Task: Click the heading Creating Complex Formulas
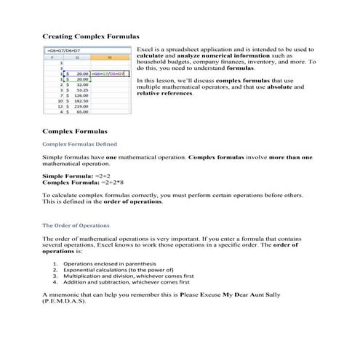pos(90,36)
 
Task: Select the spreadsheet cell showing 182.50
pos(79,100)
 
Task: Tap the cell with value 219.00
pos(79,106)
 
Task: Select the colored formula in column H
pos(109,74)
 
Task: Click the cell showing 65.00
pos(79,112)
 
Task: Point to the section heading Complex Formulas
pos(74,132)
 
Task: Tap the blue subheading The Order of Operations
pos(76,225)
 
